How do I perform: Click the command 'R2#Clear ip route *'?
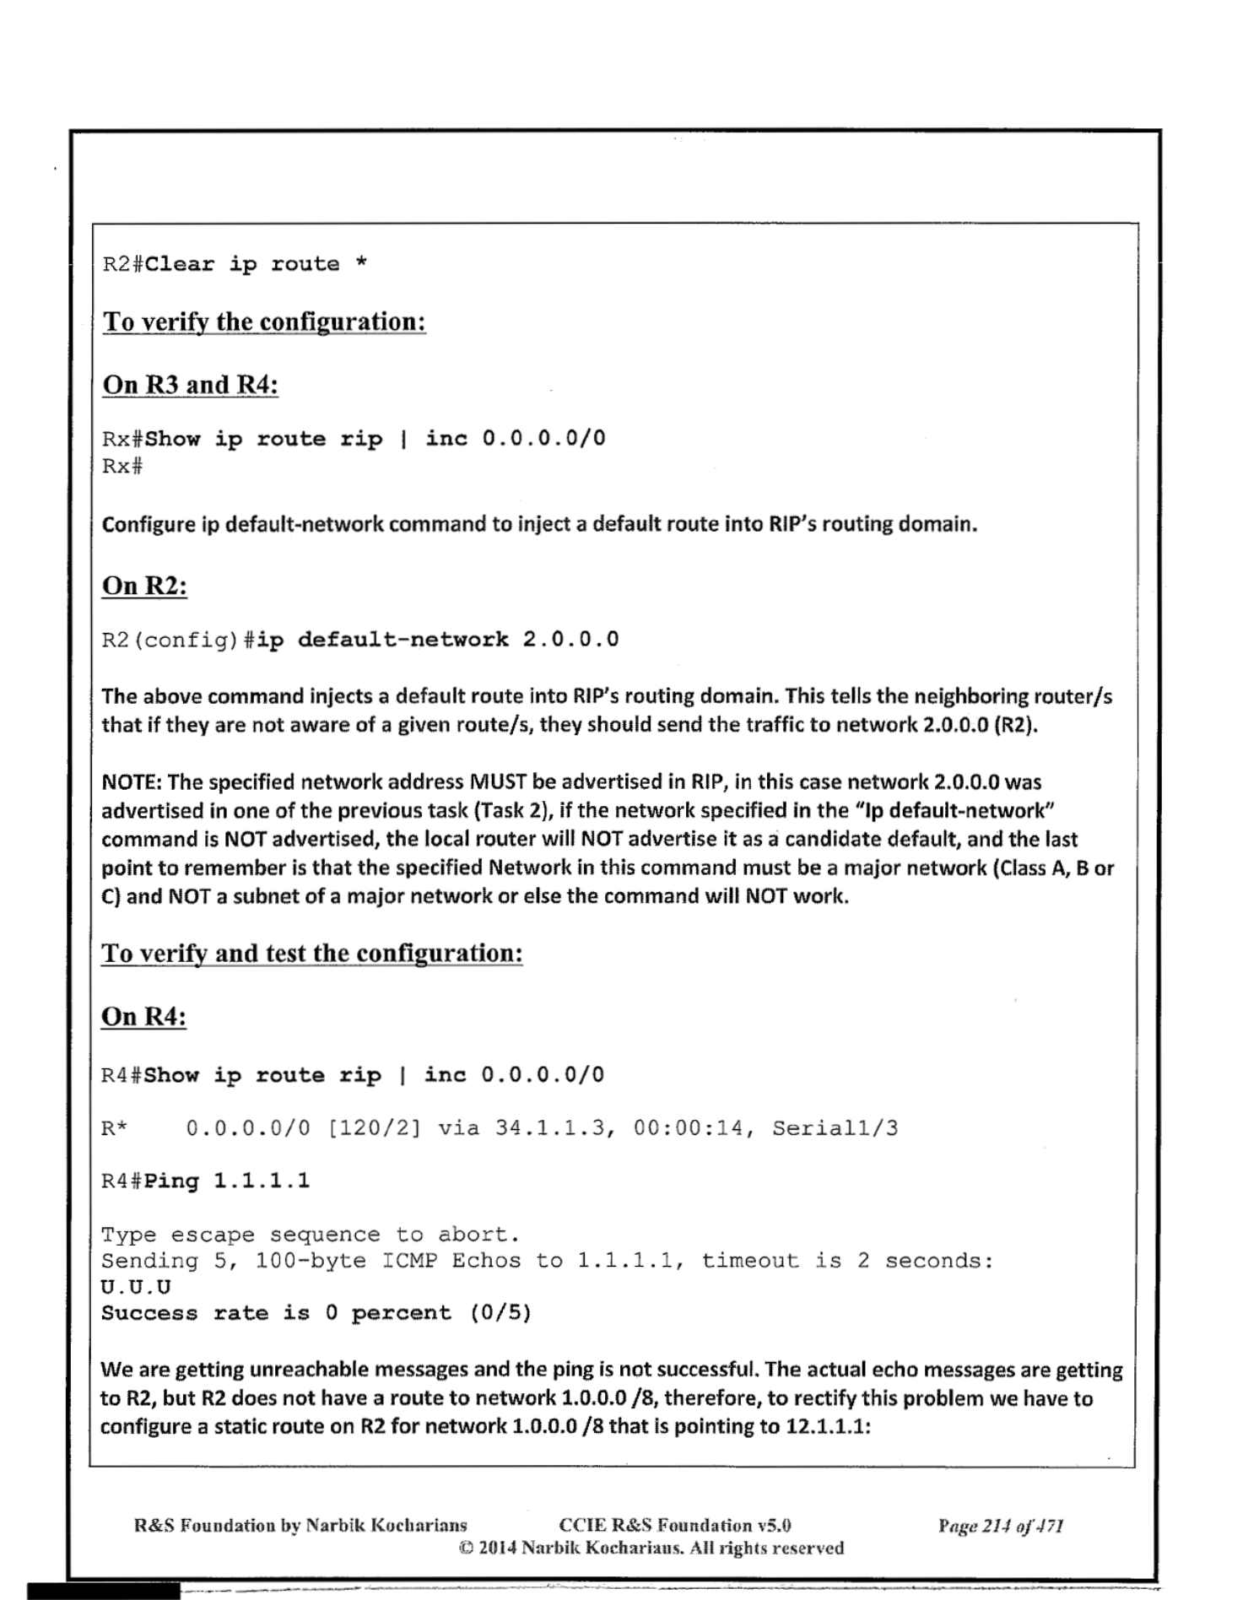(x=235, y=264)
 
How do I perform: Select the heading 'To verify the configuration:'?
(x=264, y=322)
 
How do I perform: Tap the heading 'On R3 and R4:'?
(x=190, y=385)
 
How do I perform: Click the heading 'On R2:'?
(x=144, y=586)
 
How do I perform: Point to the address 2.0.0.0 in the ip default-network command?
(x=570, y=640)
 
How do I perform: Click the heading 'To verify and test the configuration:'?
(x=312, y=954)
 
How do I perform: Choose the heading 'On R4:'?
(x=143, y=1017)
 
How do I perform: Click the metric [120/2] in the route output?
(x=374, y=1128)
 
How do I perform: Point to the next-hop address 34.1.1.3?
(x=552, y=1128)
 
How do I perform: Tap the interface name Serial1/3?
(x=835, y=1128)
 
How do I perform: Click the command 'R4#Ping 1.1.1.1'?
(x=206, y=1181)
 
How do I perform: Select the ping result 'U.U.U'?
(x=136, y=1287)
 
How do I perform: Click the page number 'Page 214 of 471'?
(x=1000, y=1526)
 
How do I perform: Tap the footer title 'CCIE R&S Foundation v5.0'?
(x=675, y=1526)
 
